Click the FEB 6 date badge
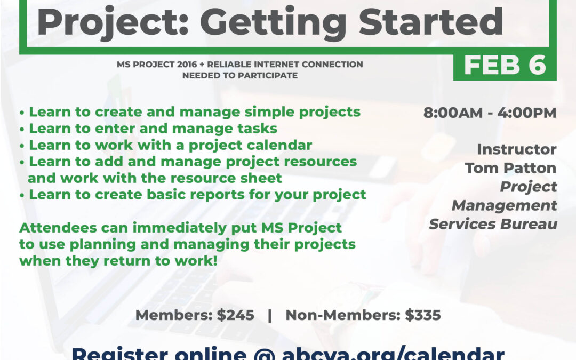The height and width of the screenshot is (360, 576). (x=505, y=65)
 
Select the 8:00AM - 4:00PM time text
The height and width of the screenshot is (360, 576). (x=490, y=113)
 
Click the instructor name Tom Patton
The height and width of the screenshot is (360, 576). (x=510, y=168)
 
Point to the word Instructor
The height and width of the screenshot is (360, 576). (x=516, y=149)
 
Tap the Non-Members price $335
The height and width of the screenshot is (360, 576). (x=422, y=315)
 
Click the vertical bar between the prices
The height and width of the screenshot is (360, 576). (x=270, y=315)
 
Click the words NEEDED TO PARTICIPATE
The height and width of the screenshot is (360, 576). (x=239, y=76)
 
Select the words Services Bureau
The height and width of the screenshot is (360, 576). (x=493, y=223)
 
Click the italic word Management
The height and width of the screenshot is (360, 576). (x=504, y=205)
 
